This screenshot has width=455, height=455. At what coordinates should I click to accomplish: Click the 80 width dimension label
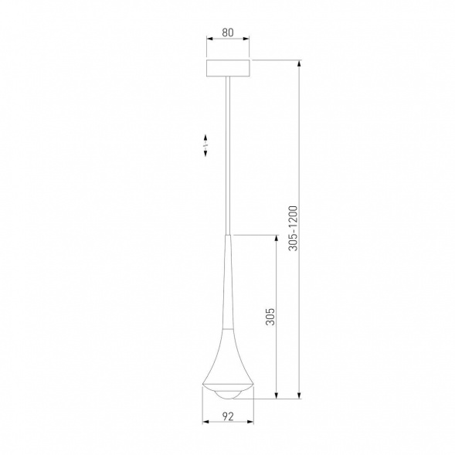(227, 34)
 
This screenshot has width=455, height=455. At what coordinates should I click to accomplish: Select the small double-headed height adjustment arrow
(205, 144)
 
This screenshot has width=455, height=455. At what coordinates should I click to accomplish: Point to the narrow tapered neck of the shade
(227, 286)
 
